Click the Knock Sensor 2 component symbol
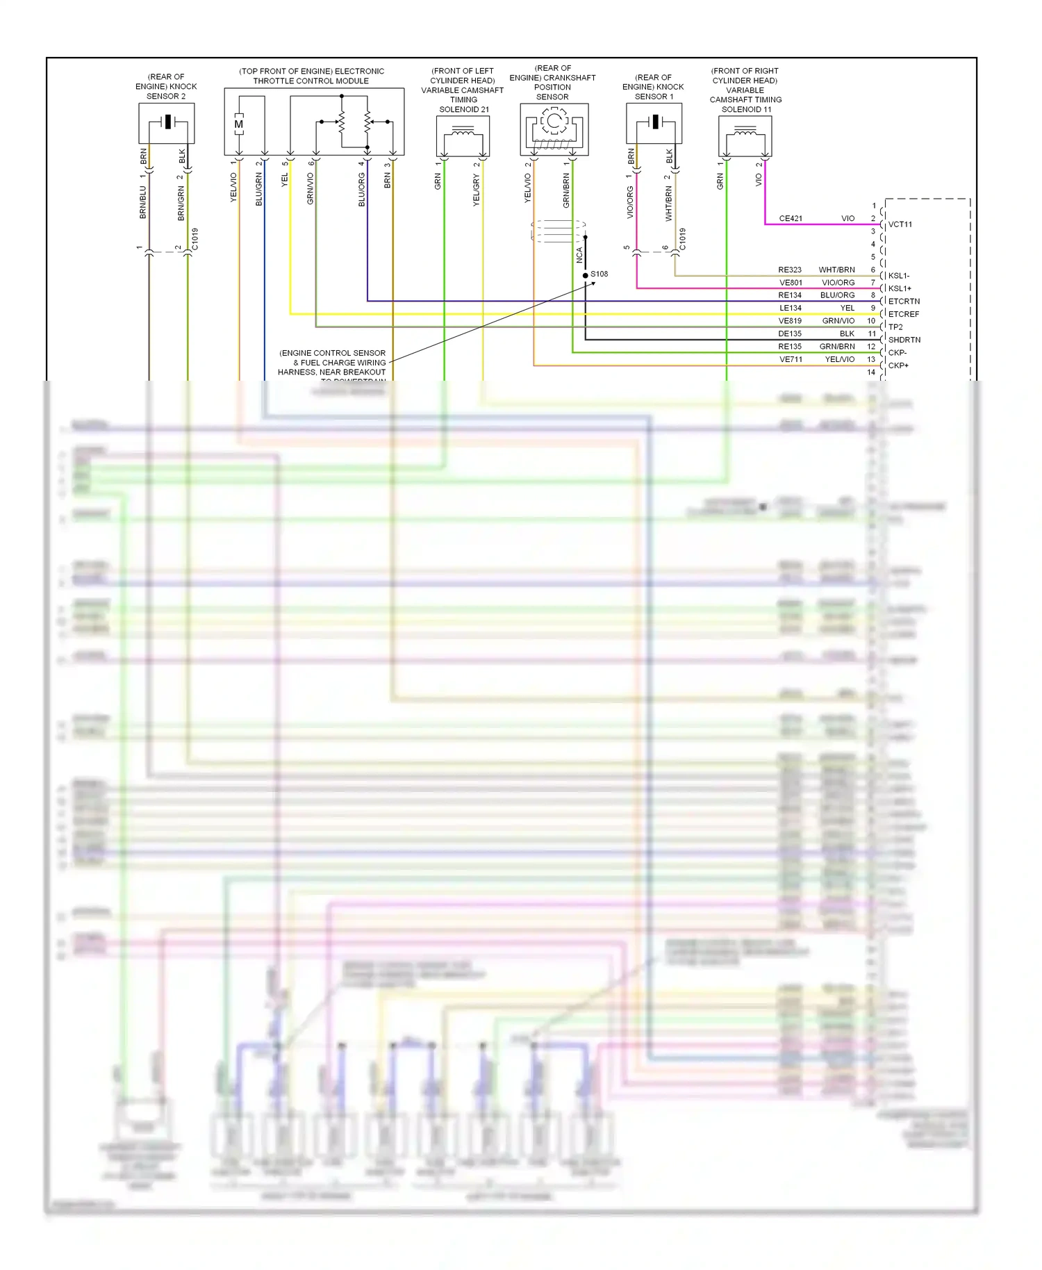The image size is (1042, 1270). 167,123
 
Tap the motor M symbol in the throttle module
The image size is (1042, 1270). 238,124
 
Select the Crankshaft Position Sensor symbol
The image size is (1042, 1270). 554,129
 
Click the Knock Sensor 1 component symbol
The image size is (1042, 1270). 654,123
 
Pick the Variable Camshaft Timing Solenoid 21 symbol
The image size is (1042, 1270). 463,136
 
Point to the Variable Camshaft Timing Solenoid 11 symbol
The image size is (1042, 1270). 745,136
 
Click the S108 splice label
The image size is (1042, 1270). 599,274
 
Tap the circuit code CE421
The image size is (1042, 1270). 791,218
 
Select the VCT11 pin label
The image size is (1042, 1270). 900,224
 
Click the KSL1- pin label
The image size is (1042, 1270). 898,276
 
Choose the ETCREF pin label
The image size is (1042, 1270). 903,314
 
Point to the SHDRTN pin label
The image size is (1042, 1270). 904,340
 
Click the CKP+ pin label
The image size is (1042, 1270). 898,365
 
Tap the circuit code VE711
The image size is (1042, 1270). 791,359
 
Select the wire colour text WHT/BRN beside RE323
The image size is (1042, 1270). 836,270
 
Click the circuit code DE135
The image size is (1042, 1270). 790,333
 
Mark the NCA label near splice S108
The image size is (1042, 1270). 579,255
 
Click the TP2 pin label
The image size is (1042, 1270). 895,327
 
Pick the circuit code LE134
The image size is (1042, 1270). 790,308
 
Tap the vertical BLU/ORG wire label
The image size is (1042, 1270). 361,190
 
